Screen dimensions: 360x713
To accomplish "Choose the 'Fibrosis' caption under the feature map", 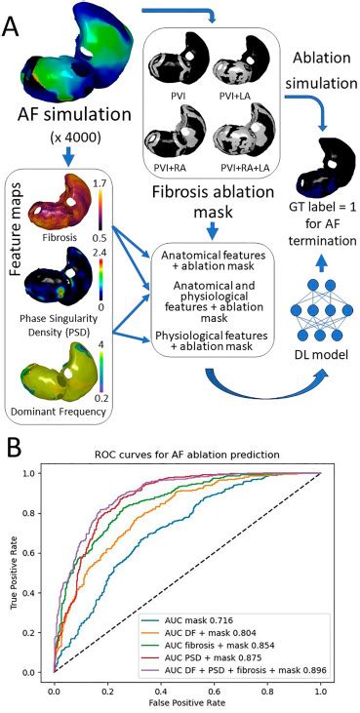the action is click(61, 237).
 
